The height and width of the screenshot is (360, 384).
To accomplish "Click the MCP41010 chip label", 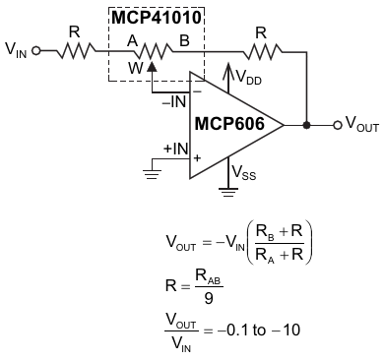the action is pyautogui.click(x=157, y=18).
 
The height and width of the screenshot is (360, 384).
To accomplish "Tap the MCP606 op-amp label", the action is pyautogui.click(x=229, y=124).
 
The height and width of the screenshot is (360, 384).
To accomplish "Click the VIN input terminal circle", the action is pyautogui.click(x=36, y=51).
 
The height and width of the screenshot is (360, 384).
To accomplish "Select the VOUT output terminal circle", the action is pyautogui.click(x=338, y=125).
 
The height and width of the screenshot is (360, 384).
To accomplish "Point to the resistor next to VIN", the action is pyautogui.click(x=76, y=51).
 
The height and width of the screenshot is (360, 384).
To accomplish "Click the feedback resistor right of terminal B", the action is pyautogui.click(x=263, y=51).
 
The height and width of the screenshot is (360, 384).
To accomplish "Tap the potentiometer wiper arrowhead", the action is pyautogui.click(x=152, y=67).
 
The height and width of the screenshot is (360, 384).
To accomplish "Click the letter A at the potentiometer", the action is pyautogui.click(x=132, y=41).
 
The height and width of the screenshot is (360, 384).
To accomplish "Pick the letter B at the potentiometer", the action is pyautogui.click(x=184, y=41).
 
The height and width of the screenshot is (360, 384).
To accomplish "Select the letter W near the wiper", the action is pyautogui.click(x=136, y=69).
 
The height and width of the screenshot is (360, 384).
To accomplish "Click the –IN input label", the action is pyautogui.click(x=175, y=102).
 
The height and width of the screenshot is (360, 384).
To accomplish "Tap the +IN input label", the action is pyautogui.click(x=176, y=149).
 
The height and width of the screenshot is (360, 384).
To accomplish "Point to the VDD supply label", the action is pyautogui.click(x=249, y=78).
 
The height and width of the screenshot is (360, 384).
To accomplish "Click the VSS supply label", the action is pyautogui.click(x=243, y=172).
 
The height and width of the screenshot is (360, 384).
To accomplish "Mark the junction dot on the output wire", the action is pyautogui.click(x=306, y=125).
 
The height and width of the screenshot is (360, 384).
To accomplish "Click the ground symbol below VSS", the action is pyautogui.click(x=228, y=192).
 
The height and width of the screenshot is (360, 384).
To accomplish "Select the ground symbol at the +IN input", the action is pyautogui.click(x=152, y=174).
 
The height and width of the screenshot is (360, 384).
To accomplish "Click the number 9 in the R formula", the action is pyautogui.click(x=209, y=298).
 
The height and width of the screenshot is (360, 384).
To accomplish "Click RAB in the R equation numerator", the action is pyautogui.click(x=209, y=277).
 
